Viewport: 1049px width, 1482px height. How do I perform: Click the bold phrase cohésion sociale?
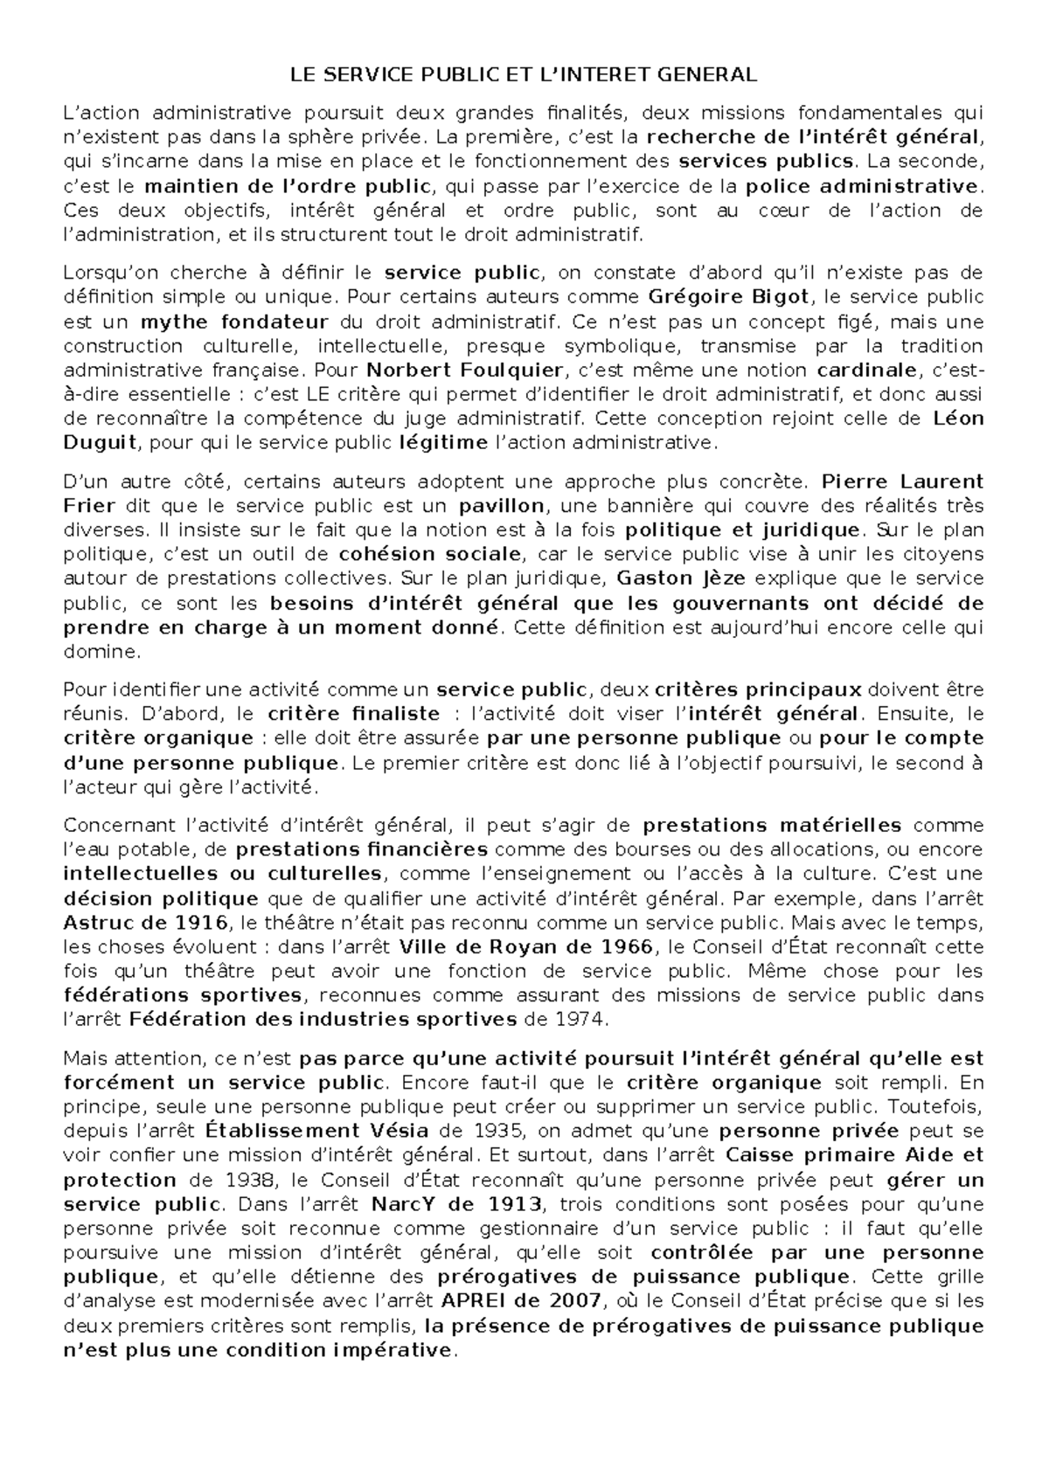430,554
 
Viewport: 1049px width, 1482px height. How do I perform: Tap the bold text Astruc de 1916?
146,922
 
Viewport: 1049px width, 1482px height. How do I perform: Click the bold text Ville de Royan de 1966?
525,946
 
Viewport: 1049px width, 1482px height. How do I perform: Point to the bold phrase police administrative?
861,186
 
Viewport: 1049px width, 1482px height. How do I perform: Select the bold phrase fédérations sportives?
183,995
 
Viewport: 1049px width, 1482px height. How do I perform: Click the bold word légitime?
442,442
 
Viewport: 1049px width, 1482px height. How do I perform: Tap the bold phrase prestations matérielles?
772,825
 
